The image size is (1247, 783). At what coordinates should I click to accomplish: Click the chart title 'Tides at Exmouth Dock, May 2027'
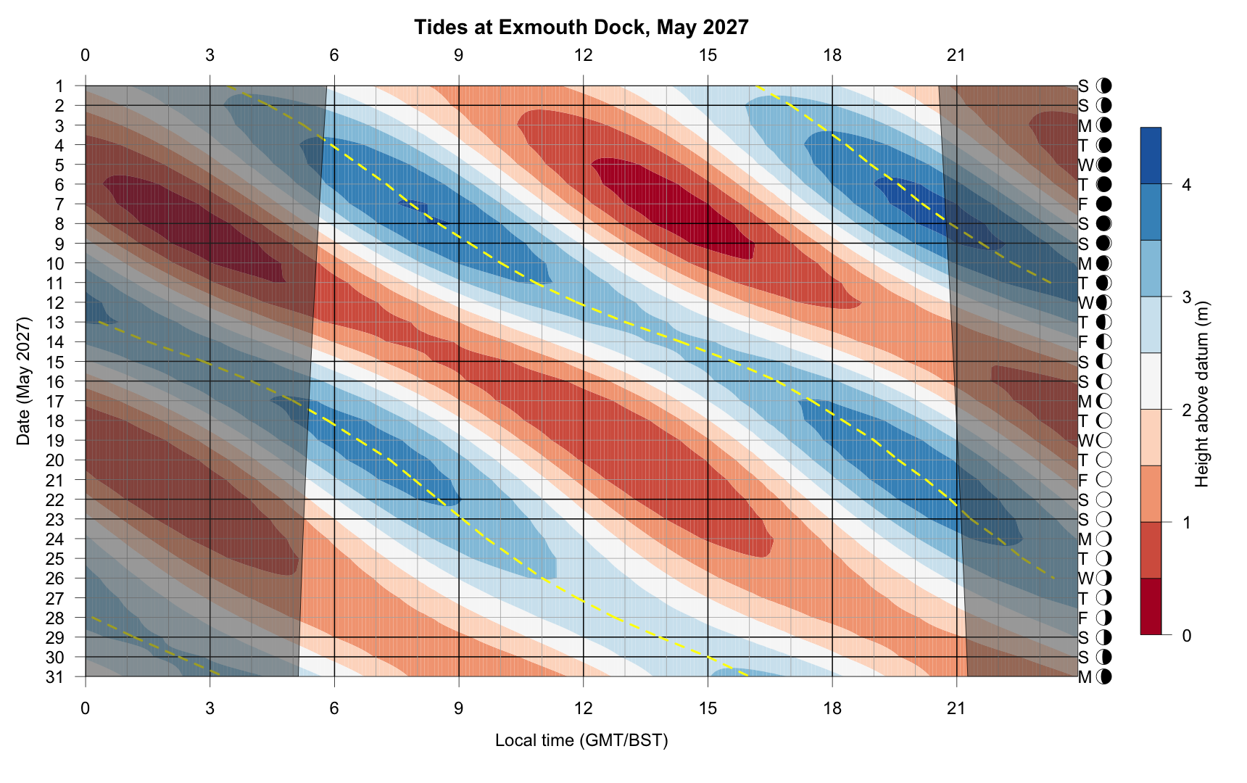point(581,28)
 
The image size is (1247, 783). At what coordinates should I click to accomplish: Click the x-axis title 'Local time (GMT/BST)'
point(581,740)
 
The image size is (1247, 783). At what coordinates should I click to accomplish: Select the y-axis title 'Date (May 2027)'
point(24,381)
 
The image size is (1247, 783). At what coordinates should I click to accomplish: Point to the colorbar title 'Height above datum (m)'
point(1202,394)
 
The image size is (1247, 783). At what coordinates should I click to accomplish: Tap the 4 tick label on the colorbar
point(1186,185)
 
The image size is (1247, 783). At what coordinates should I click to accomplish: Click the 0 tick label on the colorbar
point(1186,636)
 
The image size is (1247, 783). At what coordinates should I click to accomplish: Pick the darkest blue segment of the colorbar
point(1151,155)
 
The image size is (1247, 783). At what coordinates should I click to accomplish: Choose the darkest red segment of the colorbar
point(1151,607)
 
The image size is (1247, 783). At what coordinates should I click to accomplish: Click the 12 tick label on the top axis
point(583,55)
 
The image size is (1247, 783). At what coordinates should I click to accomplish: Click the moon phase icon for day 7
point(1104,204)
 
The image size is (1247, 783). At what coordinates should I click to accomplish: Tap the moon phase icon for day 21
point(1104,480)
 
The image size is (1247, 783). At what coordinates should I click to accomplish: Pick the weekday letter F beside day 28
point(1084,618)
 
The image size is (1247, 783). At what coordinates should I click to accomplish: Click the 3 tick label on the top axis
point(210,55)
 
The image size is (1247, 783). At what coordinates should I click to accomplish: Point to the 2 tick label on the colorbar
point(1186,410)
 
